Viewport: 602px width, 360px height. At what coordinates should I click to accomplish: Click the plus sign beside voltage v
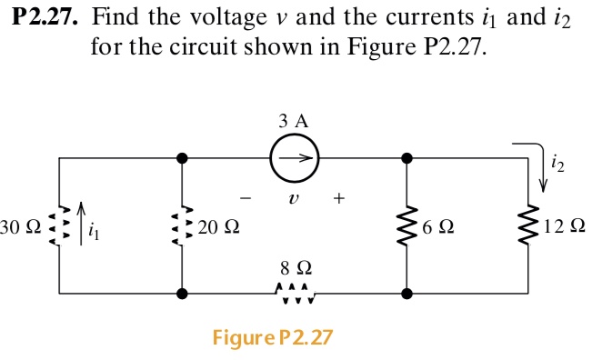[339, 195]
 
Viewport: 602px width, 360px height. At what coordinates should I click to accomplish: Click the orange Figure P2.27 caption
[273, 338]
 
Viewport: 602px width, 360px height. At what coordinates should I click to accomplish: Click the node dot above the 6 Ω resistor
[406, 157]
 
